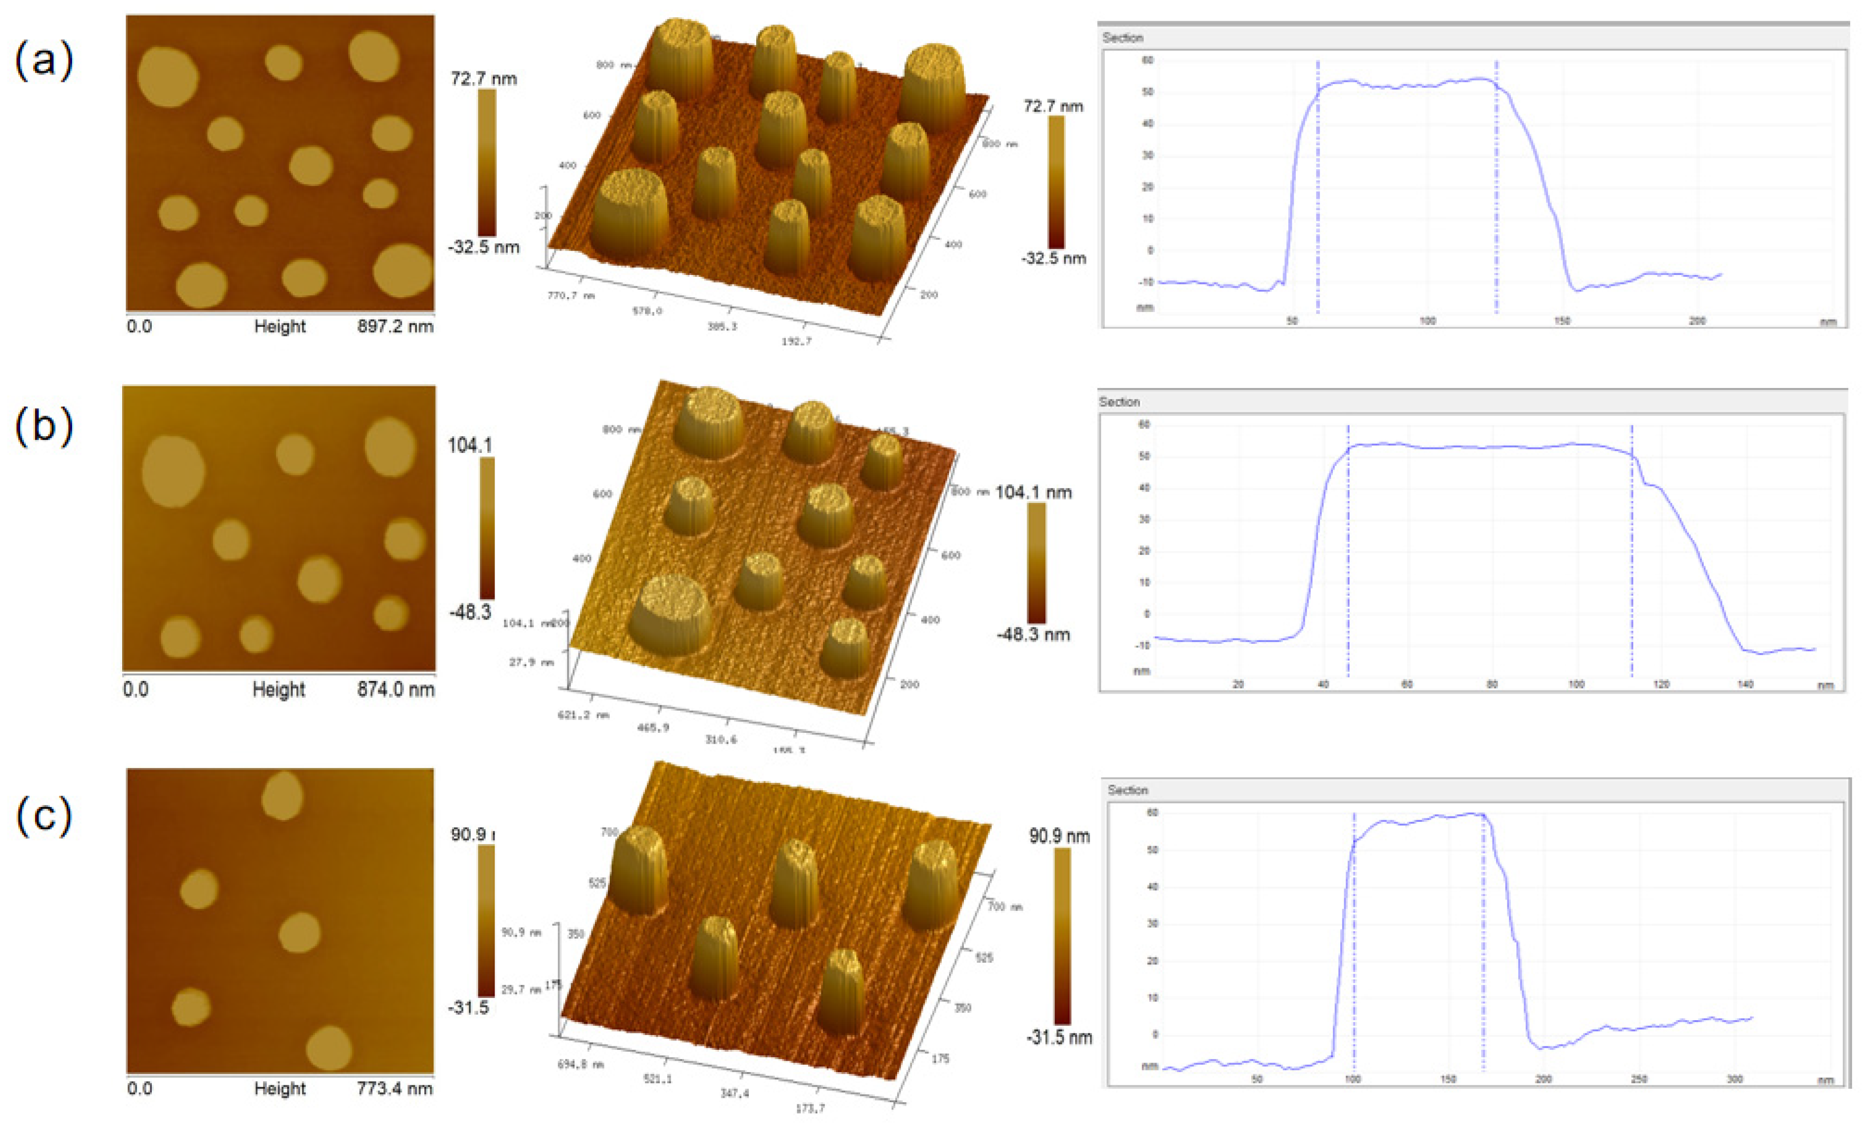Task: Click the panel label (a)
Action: pyautogui.click(x=44, y=60)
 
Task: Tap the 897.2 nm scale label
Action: pyautogui.click(x=395, y=327)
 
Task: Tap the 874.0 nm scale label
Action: pyautogui.click(x=395, y=689)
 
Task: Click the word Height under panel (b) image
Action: pyautogui.click(x=278, y=689)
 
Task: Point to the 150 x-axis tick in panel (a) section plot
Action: pyautogui.click(x=1562, y=321)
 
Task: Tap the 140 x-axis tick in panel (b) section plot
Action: pyautogui.click(x=1745, y=684)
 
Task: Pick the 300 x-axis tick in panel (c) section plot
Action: pyautogui.click(x=1735, y=1079)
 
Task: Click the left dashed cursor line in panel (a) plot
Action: pyautogui.click(x=1318, y=189)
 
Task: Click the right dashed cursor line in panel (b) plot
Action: pyautogui.click(x=1632, y=552)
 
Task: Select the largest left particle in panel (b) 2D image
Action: pyautogui.click(x=173, y=471)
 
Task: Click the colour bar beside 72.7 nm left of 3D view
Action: pyautogui.click(x=487, y=162)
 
